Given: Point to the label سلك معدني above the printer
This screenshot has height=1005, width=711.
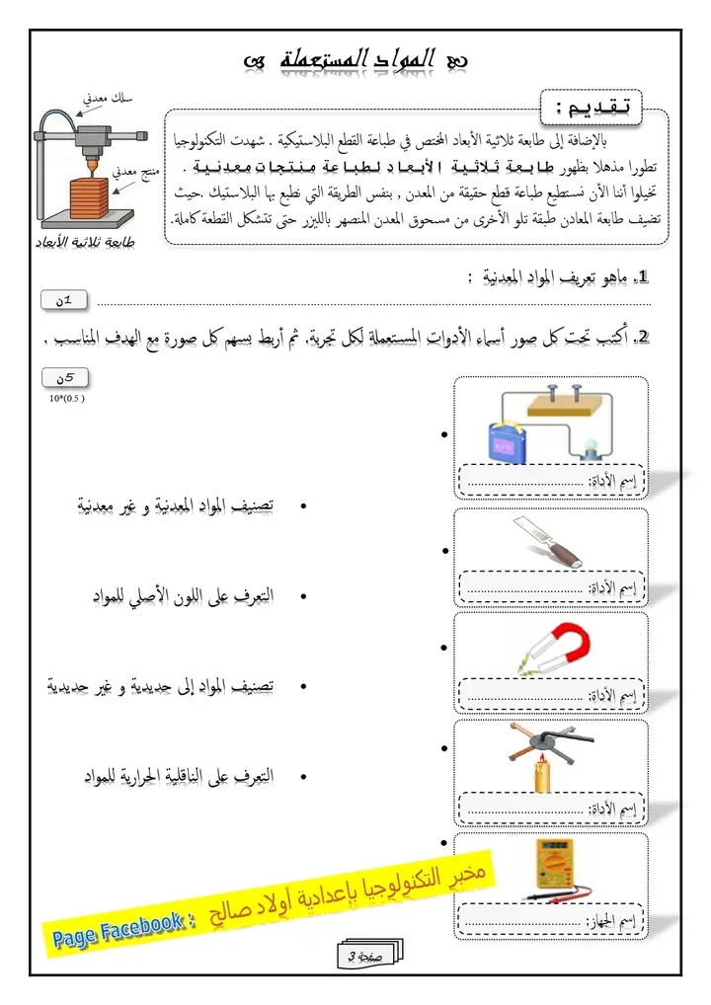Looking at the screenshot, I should click(x=111, y=97).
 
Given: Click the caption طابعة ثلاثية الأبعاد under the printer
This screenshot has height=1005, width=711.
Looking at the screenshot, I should click(x=91, y=240).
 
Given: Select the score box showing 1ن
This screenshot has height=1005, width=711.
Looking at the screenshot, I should click(x=65, y=300).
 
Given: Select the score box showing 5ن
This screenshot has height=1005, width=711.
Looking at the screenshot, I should click(x=65, y=377).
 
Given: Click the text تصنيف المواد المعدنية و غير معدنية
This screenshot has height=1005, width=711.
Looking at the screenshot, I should click(x=176, y=506).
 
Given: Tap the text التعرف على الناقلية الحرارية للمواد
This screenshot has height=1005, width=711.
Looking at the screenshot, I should click(x=178, y=777).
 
